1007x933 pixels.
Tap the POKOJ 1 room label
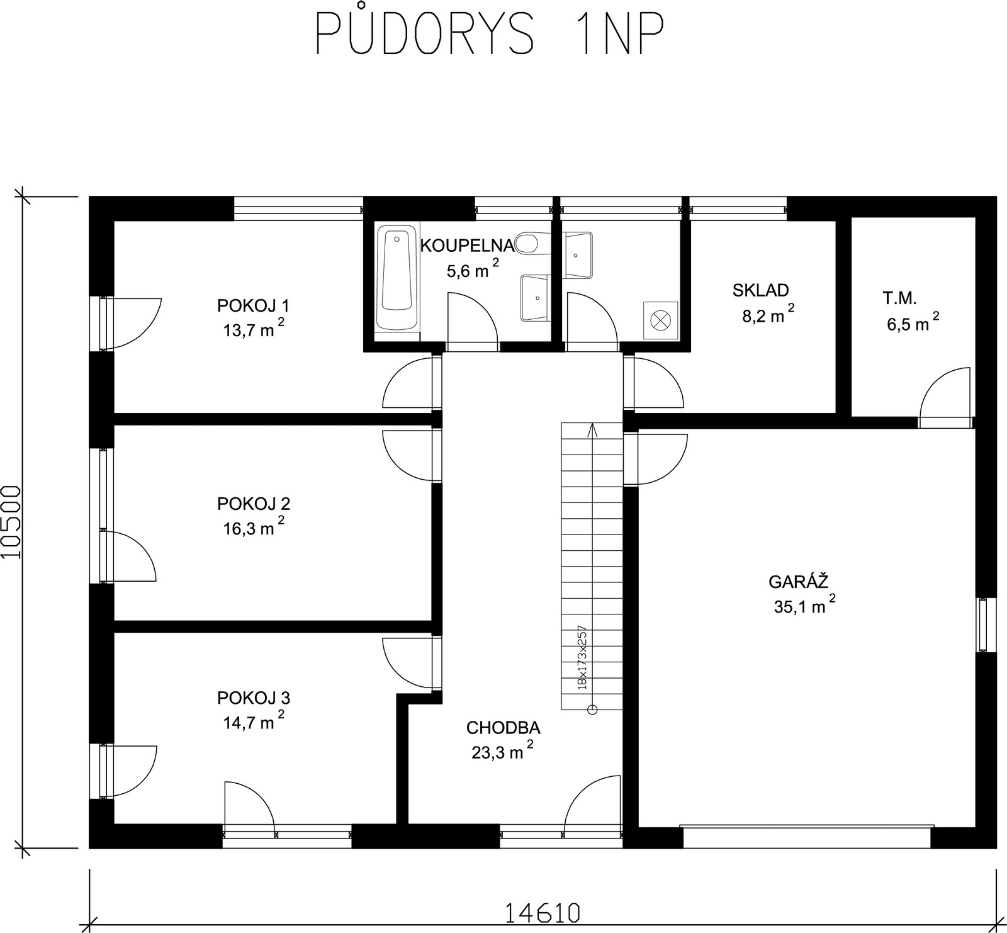point(253,306)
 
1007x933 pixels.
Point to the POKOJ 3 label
point(253,698)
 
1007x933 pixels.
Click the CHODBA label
point(503,728)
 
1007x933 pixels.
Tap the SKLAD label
point(760,290)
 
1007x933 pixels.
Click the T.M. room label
point(899,298)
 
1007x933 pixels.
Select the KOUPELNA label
point(467,246)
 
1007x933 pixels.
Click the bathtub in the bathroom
point(397,279)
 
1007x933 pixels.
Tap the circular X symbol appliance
point(660,319)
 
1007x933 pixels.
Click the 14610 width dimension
point(541,912)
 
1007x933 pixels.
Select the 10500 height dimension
point(12,522)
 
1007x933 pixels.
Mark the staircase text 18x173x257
point(582,657)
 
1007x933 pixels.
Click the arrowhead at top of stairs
point(592,430)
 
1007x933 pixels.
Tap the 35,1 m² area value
point(805,604)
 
